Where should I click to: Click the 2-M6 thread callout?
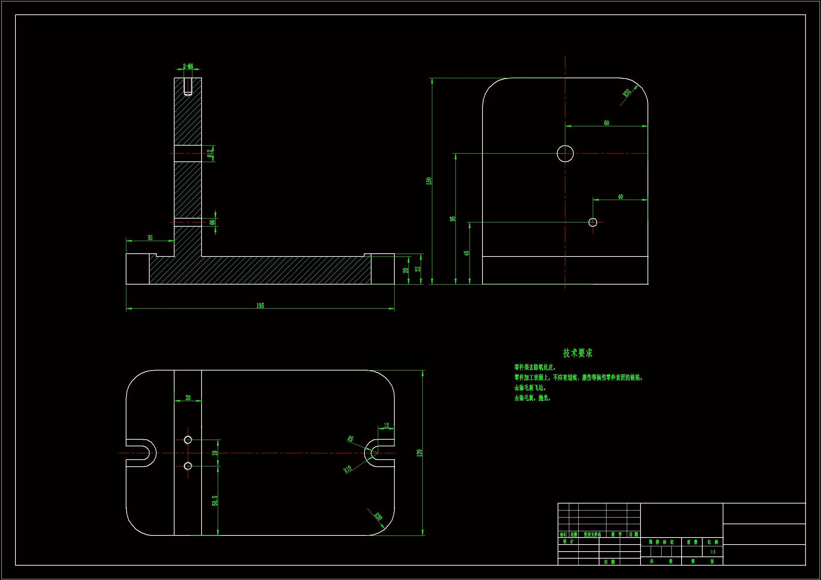click(x=188, y=66)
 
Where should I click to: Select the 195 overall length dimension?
click(x=260, y=306)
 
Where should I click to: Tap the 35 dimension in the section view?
click(x=150, y=238)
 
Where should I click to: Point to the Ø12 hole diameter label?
click(x=210, y=153)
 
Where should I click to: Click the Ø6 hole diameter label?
click(x=212, y=222)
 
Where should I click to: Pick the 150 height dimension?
click(x=429, y=181)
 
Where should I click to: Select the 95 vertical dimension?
click(x=453, y=219)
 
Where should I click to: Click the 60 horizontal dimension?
click(x=606, y=123)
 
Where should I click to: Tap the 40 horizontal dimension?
click(x=620, y=196)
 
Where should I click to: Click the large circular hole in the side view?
click(x=565, y=154)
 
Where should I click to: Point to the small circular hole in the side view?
click(x=592, y=222)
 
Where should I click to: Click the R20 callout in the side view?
click(x=627, y=93)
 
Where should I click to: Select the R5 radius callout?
click(x=350, y=439)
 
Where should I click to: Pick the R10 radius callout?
click(x=348, y=469)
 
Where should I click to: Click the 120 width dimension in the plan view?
click(x=419, y=453)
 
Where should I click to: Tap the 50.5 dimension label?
click(x=215, y=500)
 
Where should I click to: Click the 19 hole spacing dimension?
click(x=215, y=453)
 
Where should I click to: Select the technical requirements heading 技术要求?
click(x=578, y=353)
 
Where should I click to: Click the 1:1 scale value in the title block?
click(x=712, y=552)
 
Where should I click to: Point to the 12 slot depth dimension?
click(x=386, y=425)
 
